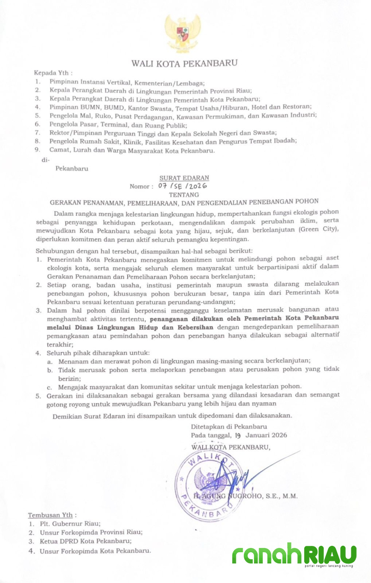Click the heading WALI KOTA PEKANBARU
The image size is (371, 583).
pyautogui.click(x=184, y=64)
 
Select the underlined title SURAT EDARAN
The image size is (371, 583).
pyautogui.click(x=184, y=178)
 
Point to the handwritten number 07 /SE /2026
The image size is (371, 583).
pyautogui.click(x=182, y=187)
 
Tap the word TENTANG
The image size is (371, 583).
pyautogui.click(x=183, y=194)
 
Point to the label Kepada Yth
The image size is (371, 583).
pyautogui.click(x=53, y=73)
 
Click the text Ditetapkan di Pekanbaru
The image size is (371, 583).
pyautogui.click(x=229, y=426)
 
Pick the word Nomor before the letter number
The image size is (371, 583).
pyautogui.click(x=141, y=187)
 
